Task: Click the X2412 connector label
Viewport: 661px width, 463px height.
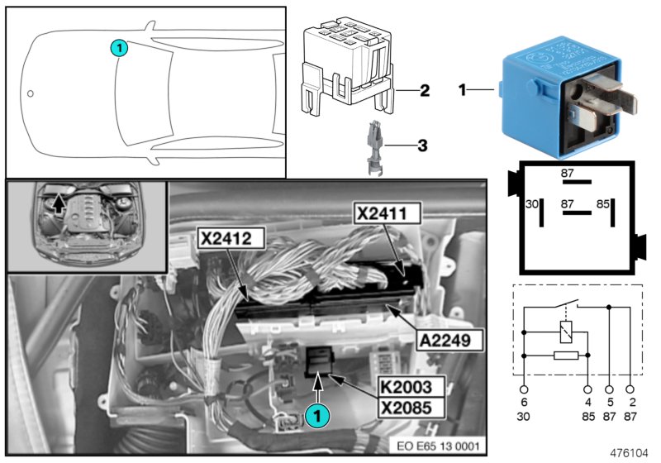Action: pos(231,240)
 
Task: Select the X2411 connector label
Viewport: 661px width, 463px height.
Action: pos(388,213)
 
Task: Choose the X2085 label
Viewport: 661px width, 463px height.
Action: pos(407,406)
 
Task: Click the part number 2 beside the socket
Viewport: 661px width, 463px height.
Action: pos(424,89)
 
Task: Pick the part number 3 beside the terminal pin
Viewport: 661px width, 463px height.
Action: pos(422,146)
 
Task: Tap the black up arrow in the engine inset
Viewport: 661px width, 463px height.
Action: pos(59,203)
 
